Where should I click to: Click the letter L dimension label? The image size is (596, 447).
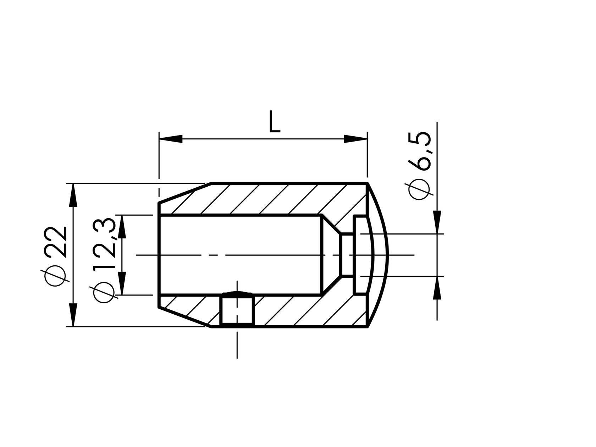click(x=274, y=122)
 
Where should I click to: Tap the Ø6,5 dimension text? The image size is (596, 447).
click(x=420, y=166)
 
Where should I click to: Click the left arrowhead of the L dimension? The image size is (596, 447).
click(x=171, y=139)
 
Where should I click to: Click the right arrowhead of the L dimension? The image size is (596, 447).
click(x=355, y=139)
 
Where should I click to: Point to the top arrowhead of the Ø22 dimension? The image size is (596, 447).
click(x=73, y=195)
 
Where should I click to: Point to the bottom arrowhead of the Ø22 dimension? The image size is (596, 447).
click(x=73, y=315)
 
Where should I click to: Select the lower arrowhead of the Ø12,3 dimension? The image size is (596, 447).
click(x=122, y=283)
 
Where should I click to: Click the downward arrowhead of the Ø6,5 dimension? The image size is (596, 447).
click(x=437, y=222)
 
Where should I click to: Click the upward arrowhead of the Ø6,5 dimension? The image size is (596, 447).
click(x=437, y=288)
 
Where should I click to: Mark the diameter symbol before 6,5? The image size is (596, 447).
click(x=420, y=190)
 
